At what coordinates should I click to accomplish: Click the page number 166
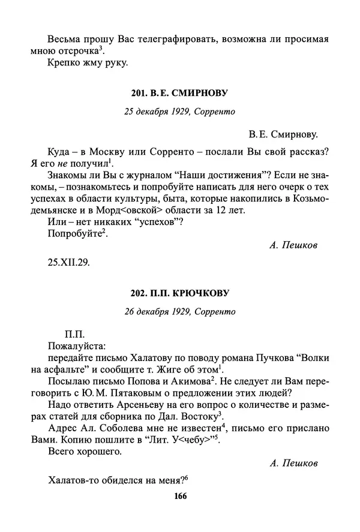point(180,495)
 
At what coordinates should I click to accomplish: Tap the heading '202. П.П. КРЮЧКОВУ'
point(180,293)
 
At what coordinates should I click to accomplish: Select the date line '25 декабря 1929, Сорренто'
point(180,111)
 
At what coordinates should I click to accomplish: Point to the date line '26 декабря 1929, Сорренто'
point(180,311)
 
